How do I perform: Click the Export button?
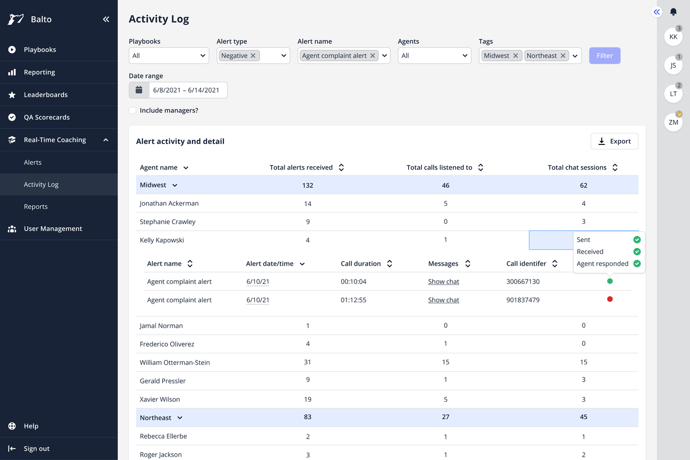pos(614,142)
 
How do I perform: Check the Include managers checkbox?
pos(133,110)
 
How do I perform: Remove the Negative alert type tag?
pos(253,56)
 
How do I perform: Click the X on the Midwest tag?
pos(516,56)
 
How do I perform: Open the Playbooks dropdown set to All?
pos(169,56)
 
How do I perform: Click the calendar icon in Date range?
pos(139,90)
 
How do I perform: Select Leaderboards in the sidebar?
pos(45,95)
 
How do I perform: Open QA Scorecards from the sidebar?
pos(46,117)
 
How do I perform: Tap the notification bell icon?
pos(673,12)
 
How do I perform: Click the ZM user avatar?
pos(673,122)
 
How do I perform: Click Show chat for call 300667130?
pos(444,282)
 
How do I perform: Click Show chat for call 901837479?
pos(444,300)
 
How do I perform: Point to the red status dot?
pos(610,299)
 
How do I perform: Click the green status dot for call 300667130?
pos(610,281)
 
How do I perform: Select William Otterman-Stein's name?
pos(174,362)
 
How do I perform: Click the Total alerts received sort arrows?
pos(341,168)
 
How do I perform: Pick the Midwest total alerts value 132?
pos(308,185)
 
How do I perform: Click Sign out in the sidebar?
pos(36,449)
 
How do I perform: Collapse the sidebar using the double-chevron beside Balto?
pos(106,19)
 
